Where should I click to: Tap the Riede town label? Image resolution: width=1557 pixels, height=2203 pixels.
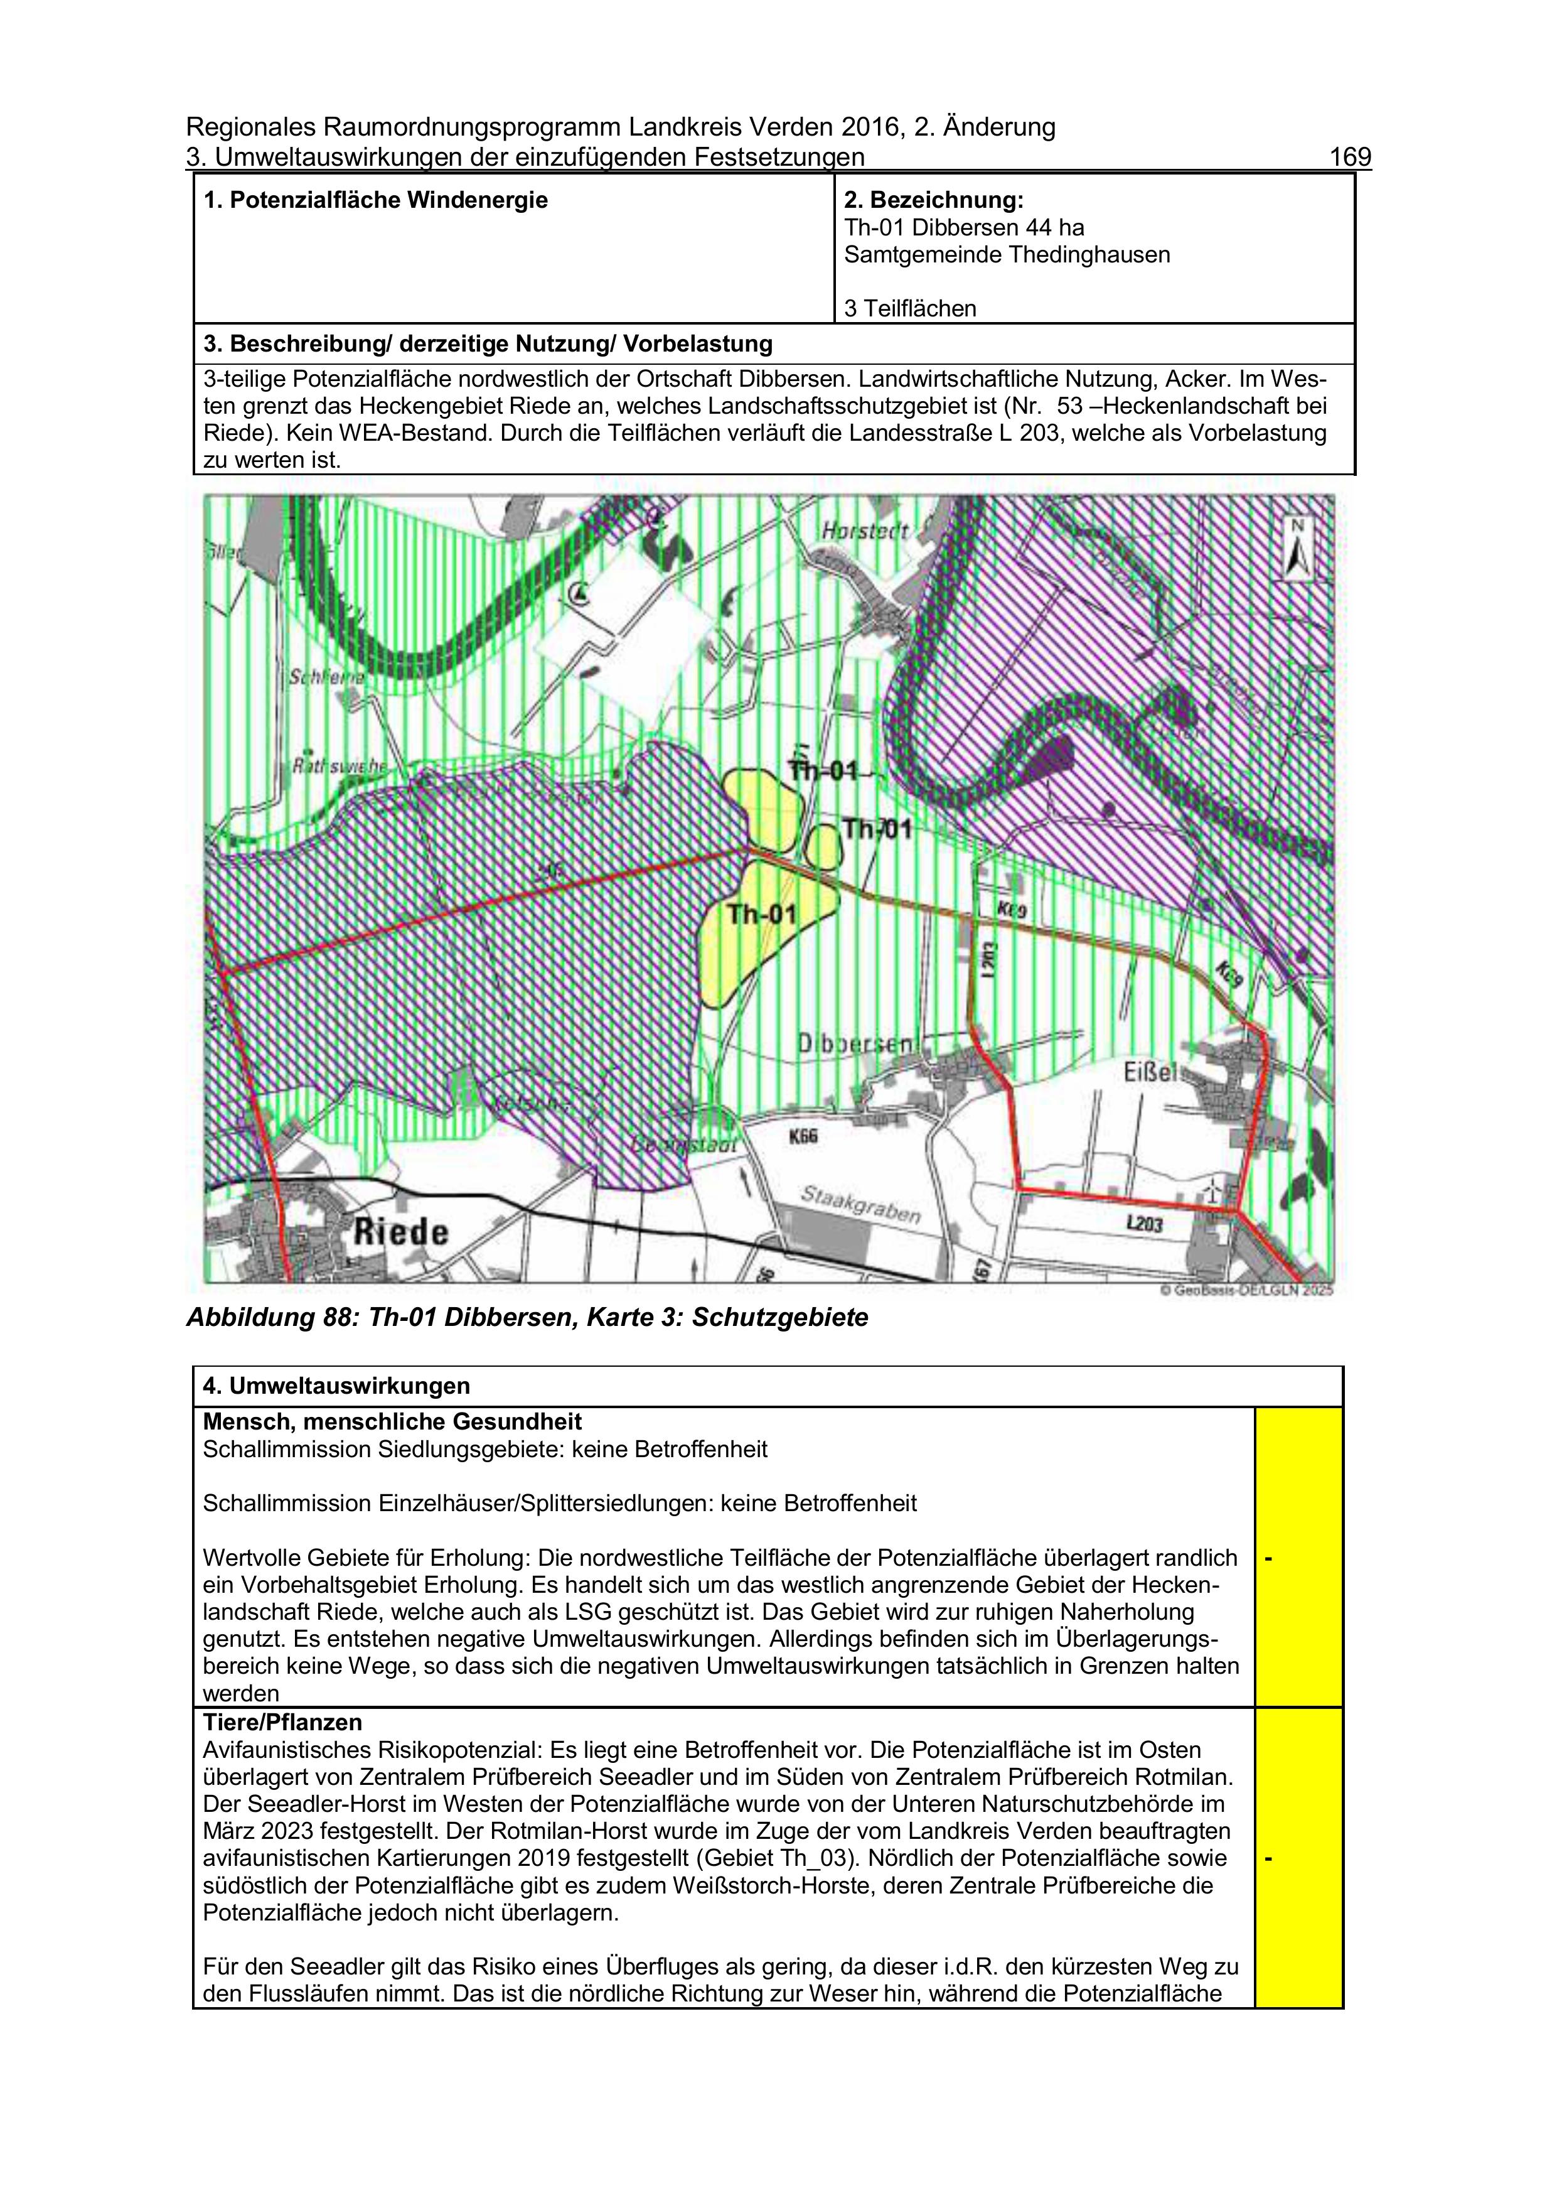[401, 1232]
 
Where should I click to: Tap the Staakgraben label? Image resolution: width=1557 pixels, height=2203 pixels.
[860, 1206]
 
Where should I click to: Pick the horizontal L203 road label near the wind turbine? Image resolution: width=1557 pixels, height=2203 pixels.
[1145, 1224]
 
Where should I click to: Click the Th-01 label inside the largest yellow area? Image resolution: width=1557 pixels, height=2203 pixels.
[762, 913]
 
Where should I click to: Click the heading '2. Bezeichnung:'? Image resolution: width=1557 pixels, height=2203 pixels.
[933, 200]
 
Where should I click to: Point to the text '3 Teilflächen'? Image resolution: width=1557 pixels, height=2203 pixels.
[909, 308]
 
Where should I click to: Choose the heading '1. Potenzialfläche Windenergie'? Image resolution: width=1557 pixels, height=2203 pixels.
[375, 200]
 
